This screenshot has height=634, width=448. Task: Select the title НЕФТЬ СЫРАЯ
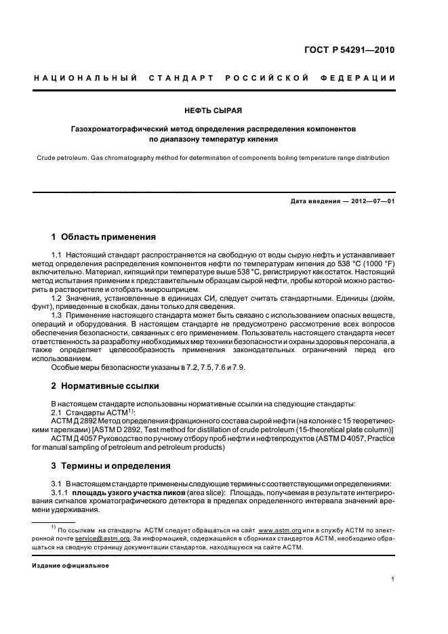pos(223,110)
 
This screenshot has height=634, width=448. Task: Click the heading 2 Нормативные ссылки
pos(105,385)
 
